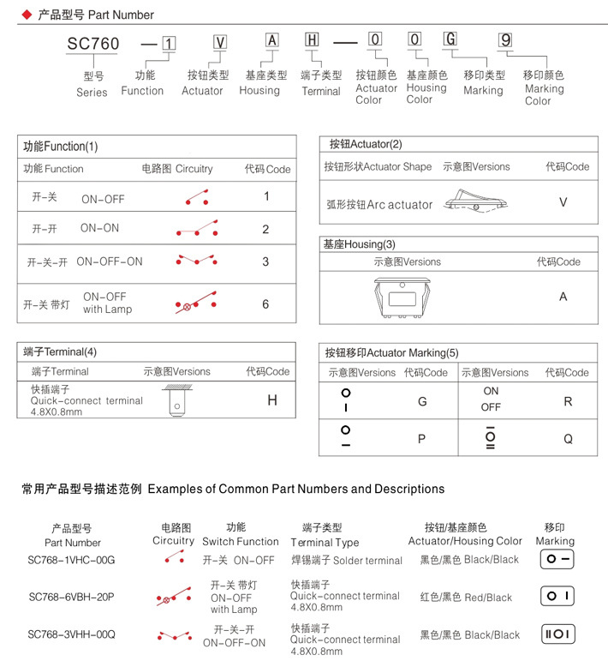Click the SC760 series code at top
click(x=93, y=43)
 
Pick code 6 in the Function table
click(x=266, y=303)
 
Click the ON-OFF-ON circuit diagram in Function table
click(x=196, y=260)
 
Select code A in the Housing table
click(x=563, y=297)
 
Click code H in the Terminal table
click(x=272, y=400)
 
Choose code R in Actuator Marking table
click(x=568, y=401)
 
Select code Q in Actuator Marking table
click(x=568, y=438)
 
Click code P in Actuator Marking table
click(x=421, y=438)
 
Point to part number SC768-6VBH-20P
click(x=71, y=597)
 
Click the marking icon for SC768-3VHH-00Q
click(x=557, y=634)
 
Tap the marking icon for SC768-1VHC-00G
click(x=557, y=560)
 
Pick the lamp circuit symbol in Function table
click(x=196, y=303)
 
